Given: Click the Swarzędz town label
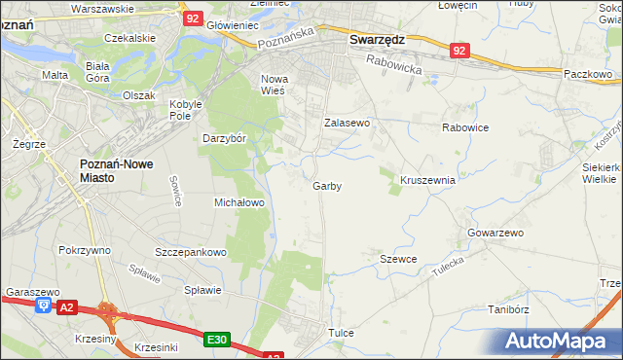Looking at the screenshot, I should pyautogui.click(x=377, y=40).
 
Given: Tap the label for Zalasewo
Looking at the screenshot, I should pyautogui.click(x=348, y=124).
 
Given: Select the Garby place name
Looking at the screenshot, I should pyautogui.click(x=327, y=186).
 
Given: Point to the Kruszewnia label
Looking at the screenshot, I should pyautogui.click(x=427, y=180).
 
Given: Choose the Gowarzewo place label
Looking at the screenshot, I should pyautogui.click(x=495, y=234).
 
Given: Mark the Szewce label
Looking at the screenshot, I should pyautogui.click(x=398, y=259).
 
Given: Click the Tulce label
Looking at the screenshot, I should pyautogui.click(x=341, y=333).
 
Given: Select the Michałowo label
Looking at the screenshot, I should pyautogui.click(x=239, y=202).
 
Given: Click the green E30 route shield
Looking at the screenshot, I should pyautogui.click(x=217, y=340).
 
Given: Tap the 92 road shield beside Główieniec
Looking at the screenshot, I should pyautogui.click(x=193, y=18).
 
